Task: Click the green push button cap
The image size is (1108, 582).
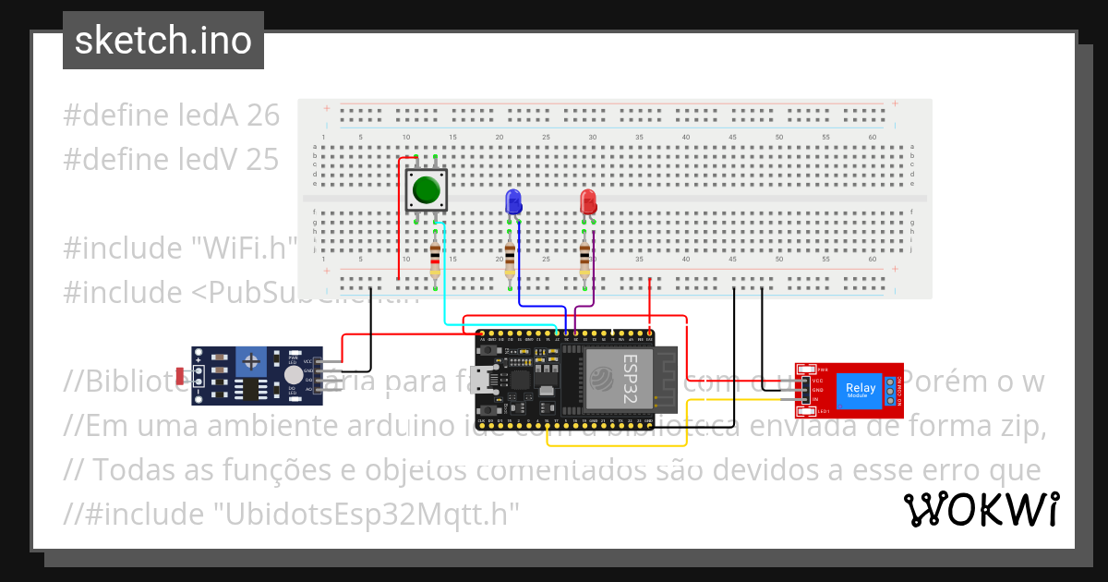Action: tap(426, 189)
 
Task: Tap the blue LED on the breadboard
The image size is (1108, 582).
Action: tap(513, 202)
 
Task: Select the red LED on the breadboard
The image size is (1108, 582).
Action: tap(588, 202)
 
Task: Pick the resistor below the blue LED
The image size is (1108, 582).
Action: tap(510, 261)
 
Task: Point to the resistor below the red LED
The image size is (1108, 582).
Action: tap(584, 261)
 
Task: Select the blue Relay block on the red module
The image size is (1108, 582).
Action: tap(861, 388)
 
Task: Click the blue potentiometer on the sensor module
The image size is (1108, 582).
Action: tap(249, 361)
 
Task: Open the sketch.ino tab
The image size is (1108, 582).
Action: tap(163, 41)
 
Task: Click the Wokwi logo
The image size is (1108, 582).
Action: tap(981, 509)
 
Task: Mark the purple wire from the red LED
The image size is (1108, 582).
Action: tap(592, 277)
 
